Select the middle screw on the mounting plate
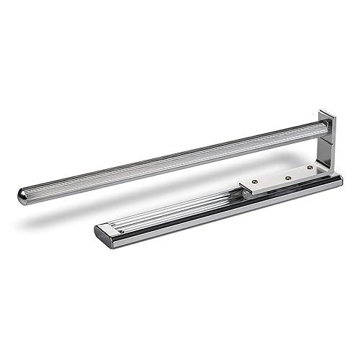click(287, 177)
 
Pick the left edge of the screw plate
click(244, 189)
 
